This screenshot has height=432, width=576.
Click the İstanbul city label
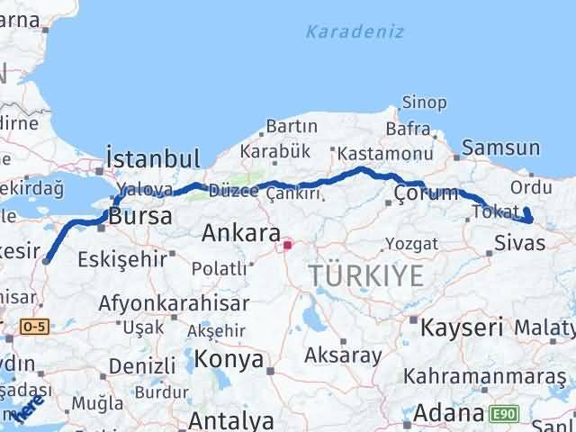point(152,159)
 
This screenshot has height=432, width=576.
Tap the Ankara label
point(240,234)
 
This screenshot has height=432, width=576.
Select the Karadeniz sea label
point(354,32)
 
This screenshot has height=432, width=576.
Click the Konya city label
point(231,360)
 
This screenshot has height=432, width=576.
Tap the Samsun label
point(501,148)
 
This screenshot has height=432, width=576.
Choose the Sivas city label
point(517,242)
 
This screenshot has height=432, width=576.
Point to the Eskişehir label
point(121,260)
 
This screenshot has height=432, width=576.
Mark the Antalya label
point(232,420)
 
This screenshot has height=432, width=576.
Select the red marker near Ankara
point(287,243)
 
